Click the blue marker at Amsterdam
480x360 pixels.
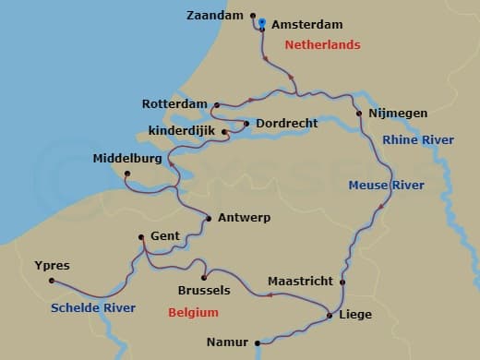[262, 22]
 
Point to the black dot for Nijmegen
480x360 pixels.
[359, 114]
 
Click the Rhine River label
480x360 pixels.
[418, 139]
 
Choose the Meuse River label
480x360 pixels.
[386, 186]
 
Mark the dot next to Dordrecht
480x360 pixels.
[246, 123]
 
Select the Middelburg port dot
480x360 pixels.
[127, 174]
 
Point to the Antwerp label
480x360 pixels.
[244, 218]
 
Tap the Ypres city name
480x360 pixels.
[52, 265]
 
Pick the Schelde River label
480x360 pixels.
[94, 307]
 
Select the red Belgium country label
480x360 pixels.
[193, 313]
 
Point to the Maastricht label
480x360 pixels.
[299, 280]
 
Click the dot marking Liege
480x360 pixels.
[330, 316]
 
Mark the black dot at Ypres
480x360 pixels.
[52, 281]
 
